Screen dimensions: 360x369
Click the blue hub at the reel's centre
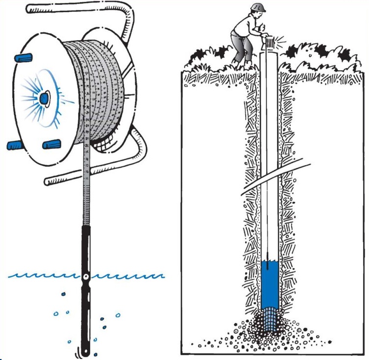pyautogui.click(x=44, y=99)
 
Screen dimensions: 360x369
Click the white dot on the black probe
pyautogui.click(x=86, y=277)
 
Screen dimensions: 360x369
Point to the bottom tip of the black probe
pyautogui.click(x=86, y=353)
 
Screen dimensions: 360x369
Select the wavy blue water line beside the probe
pyautogui.click(x=39, y=276)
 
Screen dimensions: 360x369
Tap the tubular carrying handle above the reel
pyautogui.click(x=73, y=8)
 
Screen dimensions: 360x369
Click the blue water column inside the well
pyautogui.click(x=270, y=284)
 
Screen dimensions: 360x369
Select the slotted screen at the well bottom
pyautogui.click(x=270, y=320)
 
